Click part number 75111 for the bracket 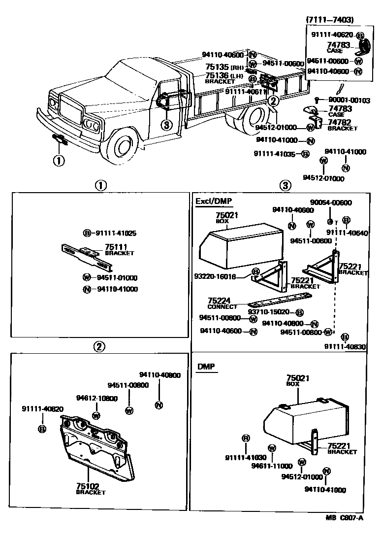(x=116, y=247)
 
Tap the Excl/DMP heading (x=214, y=201)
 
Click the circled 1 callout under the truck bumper (x=59, y=161)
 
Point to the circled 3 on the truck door (x=167, y=125)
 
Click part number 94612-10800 (x=97, y=398)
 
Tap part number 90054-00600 (x=331, y=202)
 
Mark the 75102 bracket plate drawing (x=95, y=446)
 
